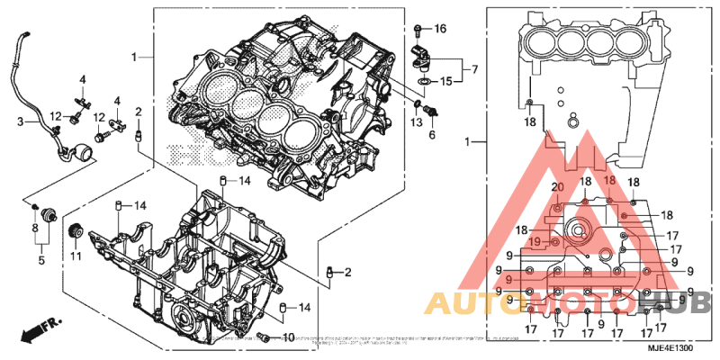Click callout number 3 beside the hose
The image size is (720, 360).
tap(21, 120)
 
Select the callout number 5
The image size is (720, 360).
tap(40, 261)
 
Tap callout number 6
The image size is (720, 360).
tap(431, 135)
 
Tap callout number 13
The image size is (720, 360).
tap(417, 121)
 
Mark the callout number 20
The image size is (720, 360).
tap(556, 187)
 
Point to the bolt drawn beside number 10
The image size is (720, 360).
tap(265, 337)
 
